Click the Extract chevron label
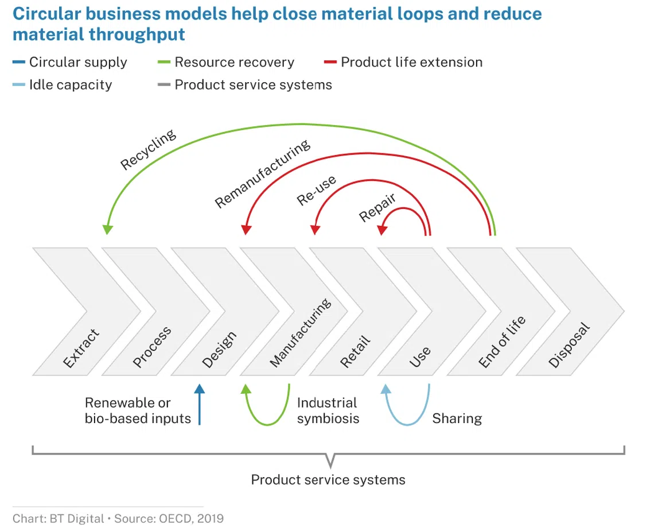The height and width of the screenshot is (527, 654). coord(81,348)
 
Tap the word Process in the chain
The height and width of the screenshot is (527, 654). coord(152,347)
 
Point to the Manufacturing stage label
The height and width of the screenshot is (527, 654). coord(300,333)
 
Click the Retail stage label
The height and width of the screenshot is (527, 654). coord(356,351)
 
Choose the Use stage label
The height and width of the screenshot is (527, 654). coord(420,357)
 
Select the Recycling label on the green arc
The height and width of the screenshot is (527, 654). coord(148,150)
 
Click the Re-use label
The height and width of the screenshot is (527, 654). coord(316,191)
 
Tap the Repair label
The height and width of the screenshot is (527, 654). coord(377,207)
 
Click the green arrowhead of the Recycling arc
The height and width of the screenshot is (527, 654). coord(107,229)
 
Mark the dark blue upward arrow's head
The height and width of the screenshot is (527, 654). coord(199,389)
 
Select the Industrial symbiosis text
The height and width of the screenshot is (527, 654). coord(328,410)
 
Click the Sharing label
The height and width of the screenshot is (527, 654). coord(457,418)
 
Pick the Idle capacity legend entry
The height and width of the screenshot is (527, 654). coord(71,85)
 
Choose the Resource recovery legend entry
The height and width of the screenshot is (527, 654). coord(234,62)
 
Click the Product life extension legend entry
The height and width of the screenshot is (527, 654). coord(411,62)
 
